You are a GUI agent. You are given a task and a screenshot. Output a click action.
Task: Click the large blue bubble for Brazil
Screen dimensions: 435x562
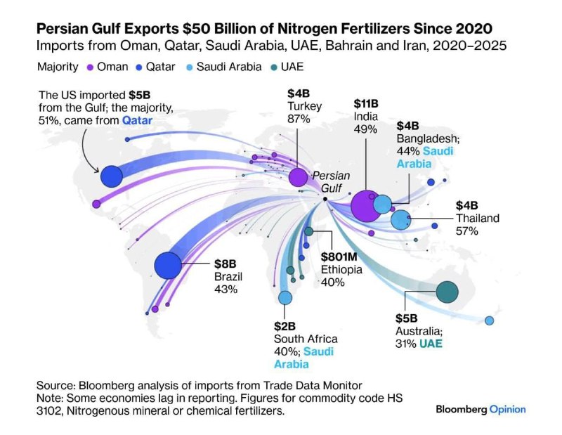[x=169, y=266]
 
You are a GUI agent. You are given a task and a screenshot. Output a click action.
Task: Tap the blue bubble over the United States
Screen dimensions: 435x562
[x=112, y=176]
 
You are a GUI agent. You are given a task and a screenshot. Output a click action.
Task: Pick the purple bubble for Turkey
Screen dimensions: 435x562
[x=298, y=176]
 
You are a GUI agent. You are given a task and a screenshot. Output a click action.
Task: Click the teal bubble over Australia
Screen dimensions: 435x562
[x=447, y=291]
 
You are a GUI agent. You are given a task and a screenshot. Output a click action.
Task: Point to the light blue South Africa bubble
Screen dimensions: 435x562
[x=285, y=298]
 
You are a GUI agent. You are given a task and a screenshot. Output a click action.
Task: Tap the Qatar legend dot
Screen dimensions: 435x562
[x=139, y=67]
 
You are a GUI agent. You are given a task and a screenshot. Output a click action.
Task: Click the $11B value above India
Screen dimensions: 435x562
[x=366, y=103]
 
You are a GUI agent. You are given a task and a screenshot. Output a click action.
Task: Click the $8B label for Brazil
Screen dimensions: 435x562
[x=226, y=264]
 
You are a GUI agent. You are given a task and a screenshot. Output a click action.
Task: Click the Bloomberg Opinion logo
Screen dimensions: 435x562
[x=481, y=409]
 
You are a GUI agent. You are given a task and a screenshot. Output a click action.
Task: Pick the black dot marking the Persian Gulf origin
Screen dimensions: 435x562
[x=325, y=200]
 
